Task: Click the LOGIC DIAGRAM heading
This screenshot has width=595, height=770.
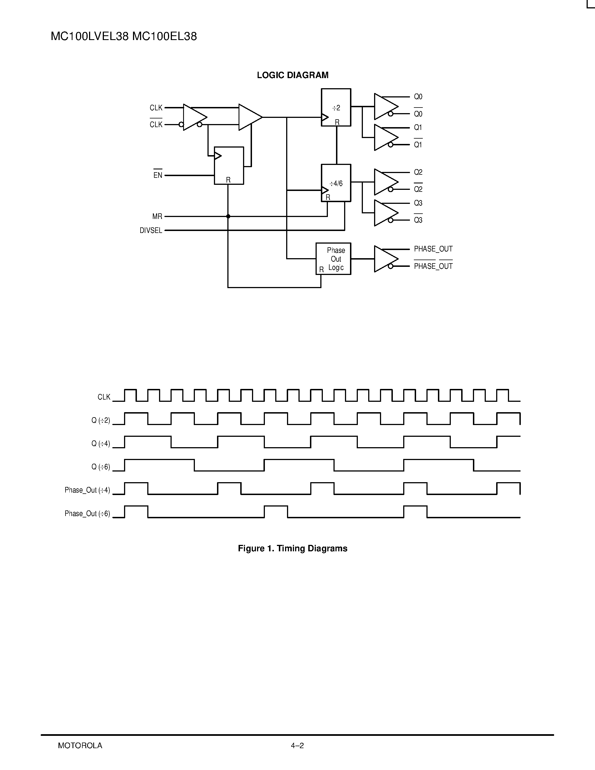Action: point(293,75)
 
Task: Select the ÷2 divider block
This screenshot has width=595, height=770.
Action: point(336,107)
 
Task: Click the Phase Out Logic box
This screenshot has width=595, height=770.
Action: point(333,259)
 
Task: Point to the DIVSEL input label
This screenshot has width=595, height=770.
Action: point(151,230)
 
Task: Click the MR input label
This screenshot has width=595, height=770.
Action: point(157,216)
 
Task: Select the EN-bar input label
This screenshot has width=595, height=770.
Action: point(158,175)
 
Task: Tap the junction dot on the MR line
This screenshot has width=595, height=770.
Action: point(228,216)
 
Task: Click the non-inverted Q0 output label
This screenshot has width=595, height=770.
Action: point(418,97)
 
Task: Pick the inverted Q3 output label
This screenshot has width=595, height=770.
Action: point(418,220)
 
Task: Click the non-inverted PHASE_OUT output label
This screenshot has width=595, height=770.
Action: point(433,249)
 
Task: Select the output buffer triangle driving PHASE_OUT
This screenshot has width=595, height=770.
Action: point(385,259)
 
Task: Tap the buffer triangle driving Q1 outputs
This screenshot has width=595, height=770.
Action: point(385,137)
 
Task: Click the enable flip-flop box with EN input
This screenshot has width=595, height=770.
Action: point(229,165)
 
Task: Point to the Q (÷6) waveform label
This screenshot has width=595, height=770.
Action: point(101,467)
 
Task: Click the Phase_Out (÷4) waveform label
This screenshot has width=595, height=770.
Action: point(87,490)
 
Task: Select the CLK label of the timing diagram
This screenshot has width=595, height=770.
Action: point(104,397)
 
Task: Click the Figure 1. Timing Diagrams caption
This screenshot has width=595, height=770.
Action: point(293,548)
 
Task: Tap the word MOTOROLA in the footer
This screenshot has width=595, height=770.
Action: point(80,746)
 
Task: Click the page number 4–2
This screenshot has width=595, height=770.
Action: point(297,746)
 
